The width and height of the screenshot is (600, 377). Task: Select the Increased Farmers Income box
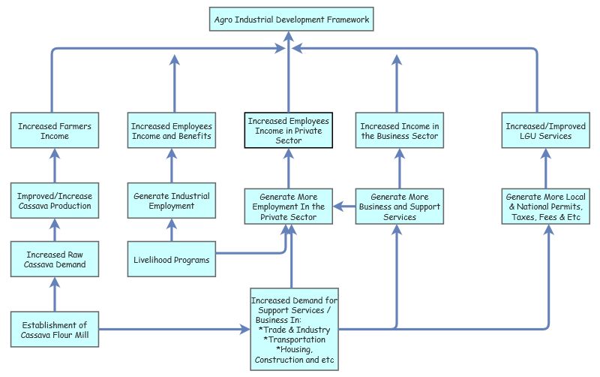click(x=54, y=131)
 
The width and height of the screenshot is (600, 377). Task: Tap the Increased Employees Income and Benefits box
click(x=172, y=131)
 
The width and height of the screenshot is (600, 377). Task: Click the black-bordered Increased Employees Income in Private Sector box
click(x=289, y=130)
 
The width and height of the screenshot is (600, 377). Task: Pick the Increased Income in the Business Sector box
click(x=399, y=131)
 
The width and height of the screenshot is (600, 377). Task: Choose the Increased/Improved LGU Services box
click(x=538, y=131)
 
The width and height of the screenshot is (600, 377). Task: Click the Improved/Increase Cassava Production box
click(x=54, y=201)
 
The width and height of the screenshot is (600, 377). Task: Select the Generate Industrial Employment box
click(x=172, y=201)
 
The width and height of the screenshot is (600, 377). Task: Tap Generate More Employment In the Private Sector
click(x=289, y=206)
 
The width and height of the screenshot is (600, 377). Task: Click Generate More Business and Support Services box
click(x=399, y=206)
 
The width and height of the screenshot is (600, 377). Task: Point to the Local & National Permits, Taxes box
click(x=543, y=206)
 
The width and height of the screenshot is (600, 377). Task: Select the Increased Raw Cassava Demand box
click(x=54, y=259)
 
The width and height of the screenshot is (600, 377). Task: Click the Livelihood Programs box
click(x=170, y=260)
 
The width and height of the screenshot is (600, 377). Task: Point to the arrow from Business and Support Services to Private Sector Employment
click(x=345, y=205)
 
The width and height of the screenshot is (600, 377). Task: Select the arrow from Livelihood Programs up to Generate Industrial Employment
click(x=172, y=230)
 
